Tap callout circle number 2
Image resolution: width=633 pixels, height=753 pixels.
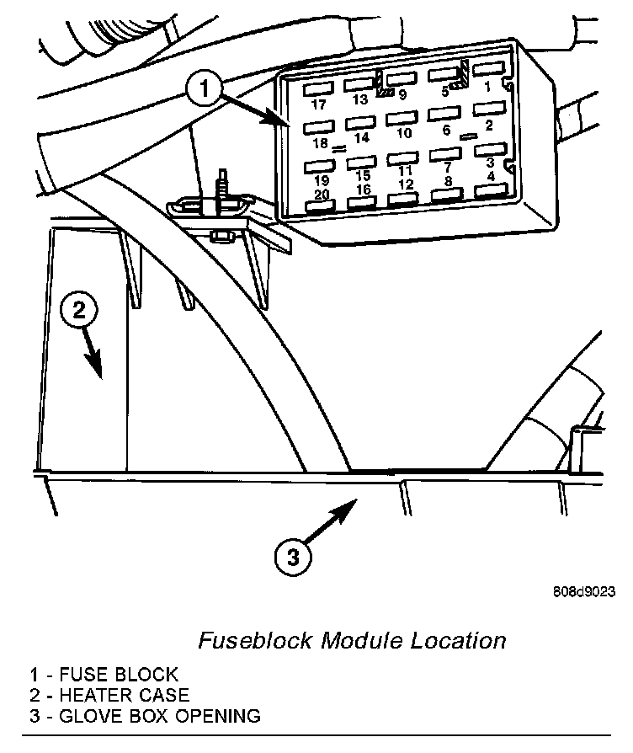pos(79,311)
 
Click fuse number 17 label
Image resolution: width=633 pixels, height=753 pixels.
pos(317,104)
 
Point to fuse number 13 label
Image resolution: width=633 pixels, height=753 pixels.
pos(360,99)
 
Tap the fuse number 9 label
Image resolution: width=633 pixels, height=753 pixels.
pos(402,95)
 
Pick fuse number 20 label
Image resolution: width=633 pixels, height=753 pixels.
pos(322,195)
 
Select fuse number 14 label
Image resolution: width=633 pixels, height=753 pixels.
pos(363,137)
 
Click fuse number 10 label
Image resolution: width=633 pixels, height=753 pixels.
pos(405,133)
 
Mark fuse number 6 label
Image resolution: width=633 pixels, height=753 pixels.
pos(446,130)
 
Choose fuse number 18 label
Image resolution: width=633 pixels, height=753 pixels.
pos(320,143)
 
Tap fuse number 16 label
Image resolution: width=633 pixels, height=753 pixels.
pos(364,190)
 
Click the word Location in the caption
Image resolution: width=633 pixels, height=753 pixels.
pos(459,640)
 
